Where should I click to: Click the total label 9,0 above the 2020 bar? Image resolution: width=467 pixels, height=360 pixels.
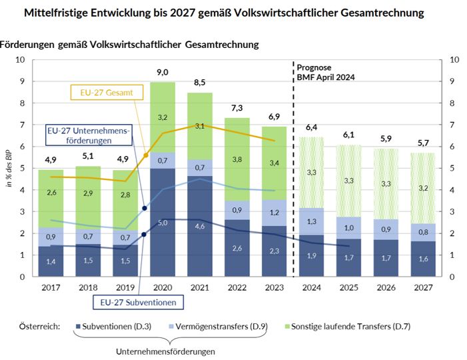point(162,72)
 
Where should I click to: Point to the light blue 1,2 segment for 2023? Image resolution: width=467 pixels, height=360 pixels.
point(274,213)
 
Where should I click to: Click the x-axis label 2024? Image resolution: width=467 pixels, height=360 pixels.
point(311,287)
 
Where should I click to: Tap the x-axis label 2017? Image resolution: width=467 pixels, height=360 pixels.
point(50,287)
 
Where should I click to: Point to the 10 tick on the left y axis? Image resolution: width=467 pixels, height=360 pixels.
point(21,60)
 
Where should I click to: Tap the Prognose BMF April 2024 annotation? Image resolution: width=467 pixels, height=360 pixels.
point(326,73)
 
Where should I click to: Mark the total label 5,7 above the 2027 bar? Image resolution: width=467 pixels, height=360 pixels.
point(423,143)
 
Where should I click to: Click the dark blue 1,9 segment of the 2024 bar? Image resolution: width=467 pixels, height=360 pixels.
point(311,255)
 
